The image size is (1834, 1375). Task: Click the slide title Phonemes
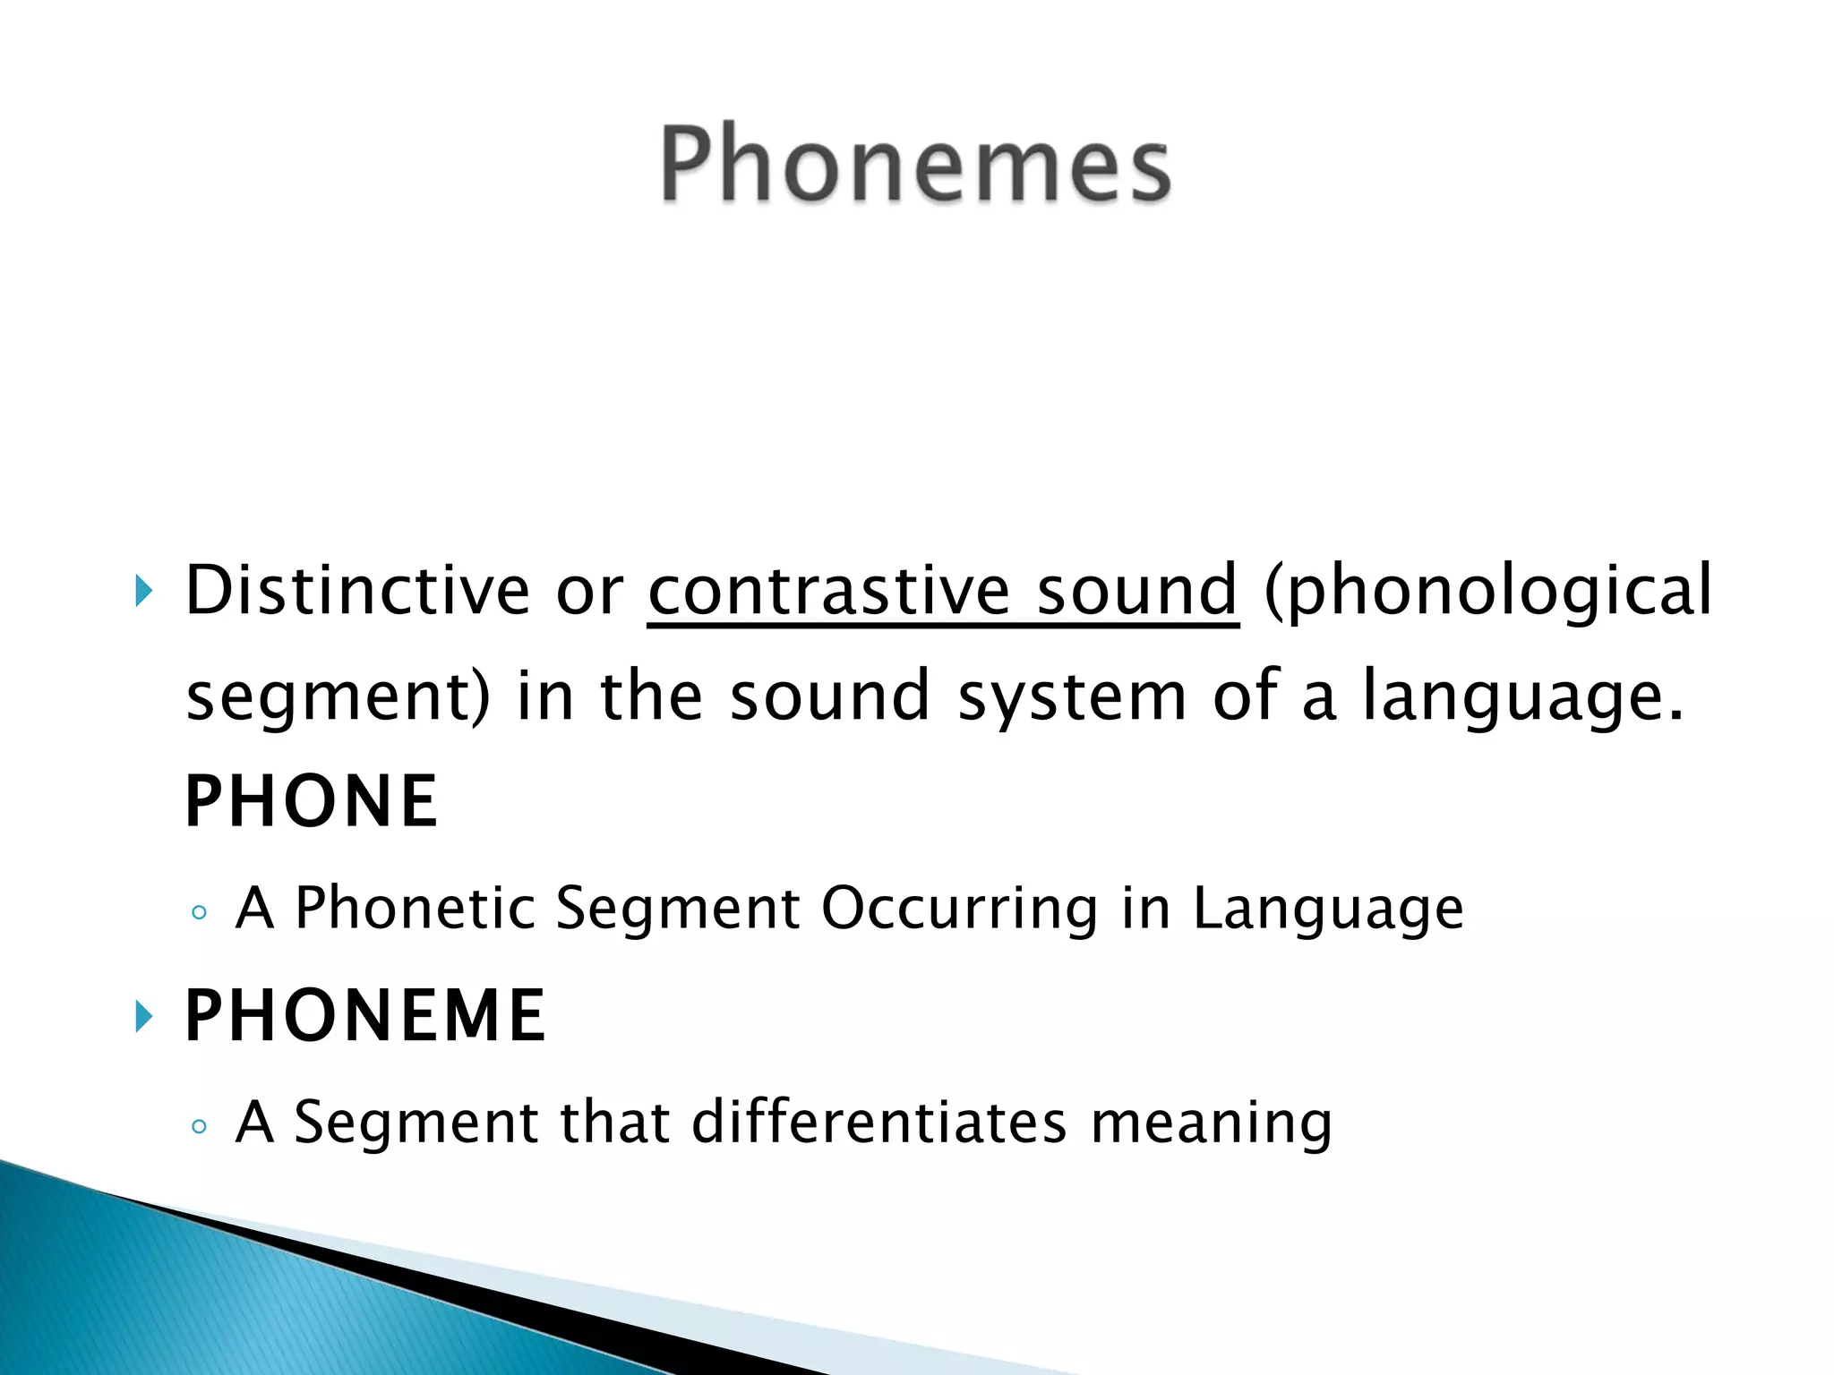(915, 164)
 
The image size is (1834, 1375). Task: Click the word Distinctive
(357, 590)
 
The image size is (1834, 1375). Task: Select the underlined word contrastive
(828, 590)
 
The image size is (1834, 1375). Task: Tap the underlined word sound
(1137, 590)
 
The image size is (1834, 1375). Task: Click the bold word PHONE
(311, 801)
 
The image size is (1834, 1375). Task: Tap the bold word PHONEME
(364, 1015)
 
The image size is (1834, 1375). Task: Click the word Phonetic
(415, 908)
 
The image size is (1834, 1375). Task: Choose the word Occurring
(959, 910)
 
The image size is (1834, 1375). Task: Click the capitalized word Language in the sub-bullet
(1328, 910)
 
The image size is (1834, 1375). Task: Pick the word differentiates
(879, 1122)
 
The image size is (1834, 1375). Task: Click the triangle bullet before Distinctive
(143, 591)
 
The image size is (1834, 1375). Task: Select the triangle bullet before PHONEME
(143, 1016)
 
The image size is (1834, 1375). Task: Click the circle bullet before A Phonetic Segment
(199, 913)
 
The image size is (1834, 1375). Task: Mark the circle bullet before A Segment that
(199, 1127)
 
